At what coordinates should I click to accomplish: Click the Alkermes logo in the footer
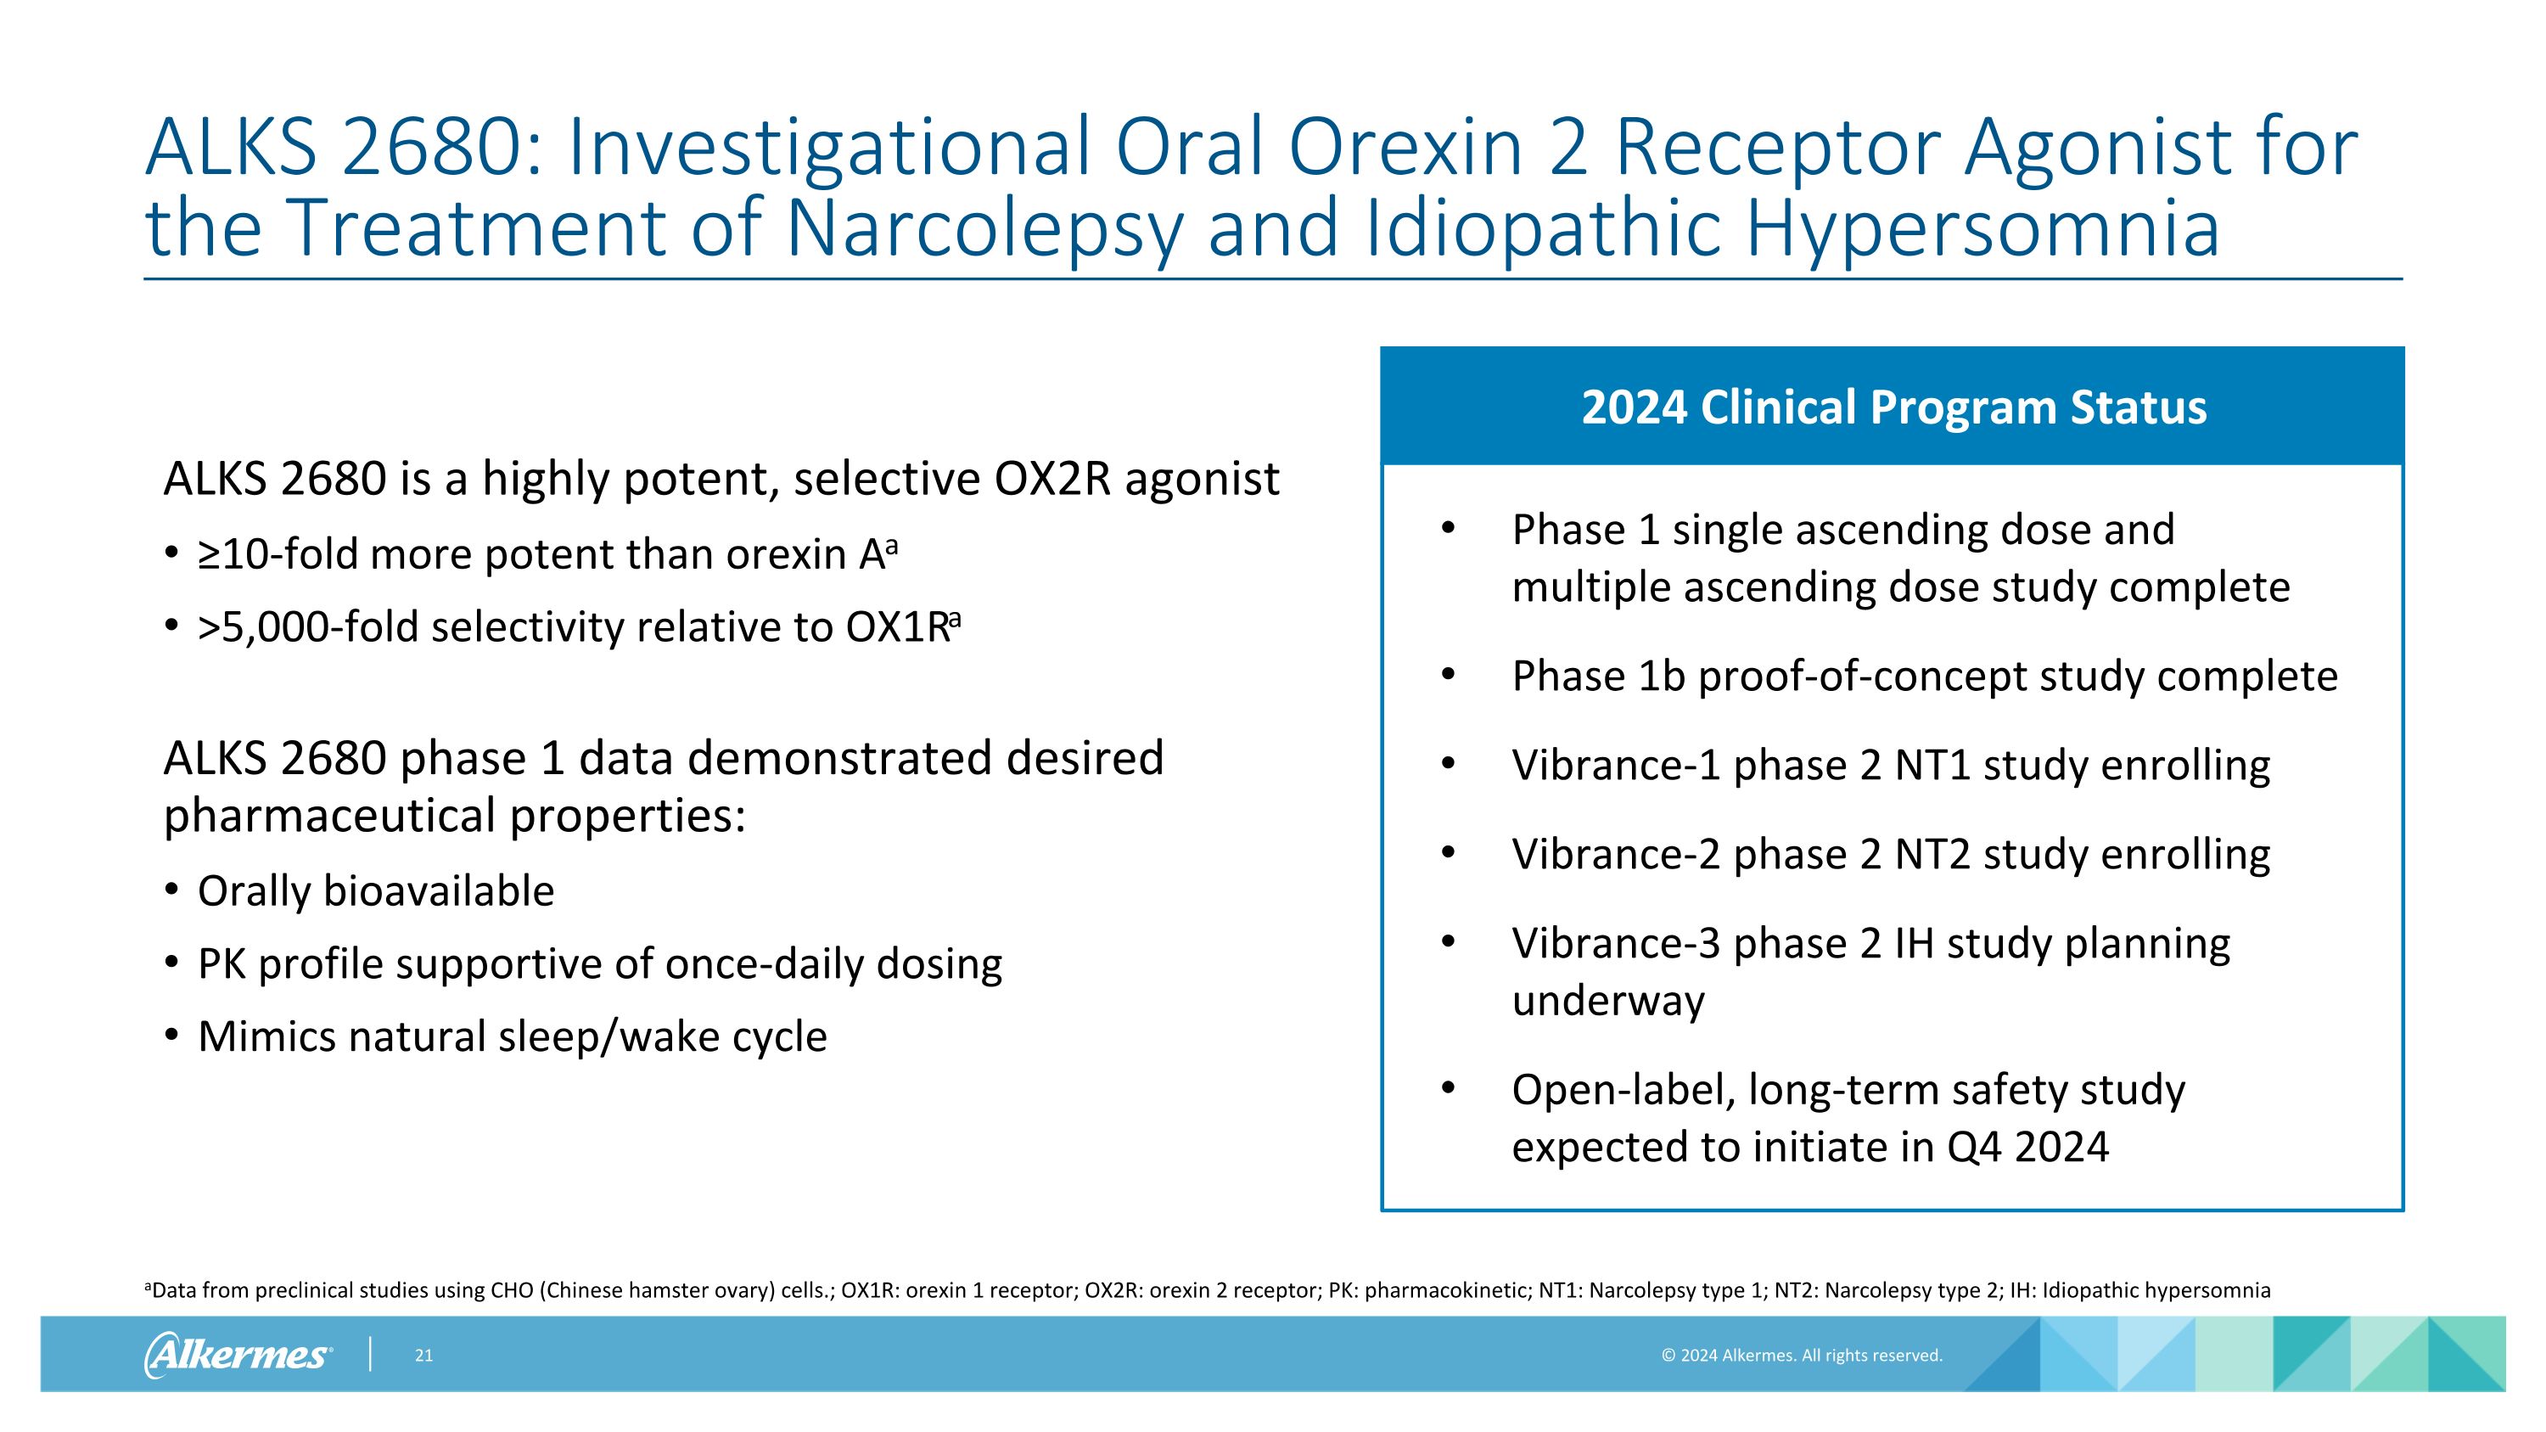coord(238,1354)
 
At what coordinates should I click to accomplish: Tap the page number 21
coord(423,1355)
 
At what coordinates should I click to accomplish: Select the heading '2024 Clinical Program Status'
coord(1893,407)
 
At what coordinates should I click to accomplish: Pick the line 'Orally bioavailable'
coord(376,891)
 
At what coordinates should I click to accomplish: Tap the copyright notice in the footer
coord(1801,1355)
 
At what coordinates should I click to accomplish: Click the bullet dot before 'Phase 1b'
coord(1448,675)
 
